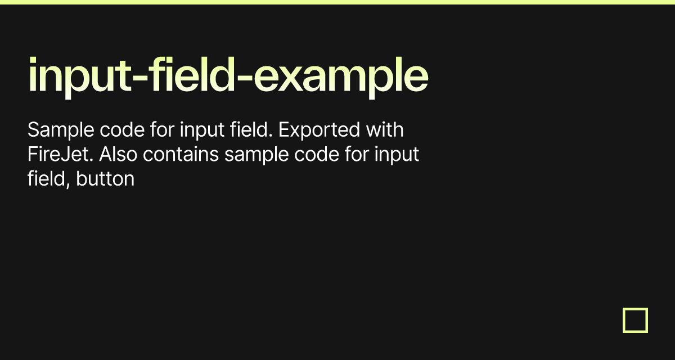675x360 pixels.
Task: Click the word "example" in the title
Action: [x=341, y=78]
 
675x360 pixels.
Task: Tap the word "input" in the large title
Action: [x=80, y=78]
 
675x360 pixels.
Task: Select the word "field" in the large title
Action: [x=191, y=74]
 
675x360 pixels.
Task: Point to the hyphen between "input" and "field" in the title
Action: [x=140, y=78]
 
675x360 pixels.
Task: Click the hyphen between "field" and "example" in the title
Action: [x=244, y=78]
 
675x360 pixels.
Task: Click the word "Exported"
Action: [x=319, y=130]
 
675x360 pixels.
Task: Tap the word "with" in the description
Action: [x=385, y=129]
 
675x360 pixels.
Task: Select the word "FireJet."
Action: [x=60, y=154]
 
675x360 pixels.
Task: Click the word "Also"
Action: [x=118, y=154]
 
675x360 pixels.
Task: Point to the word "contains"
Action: [x=181, y=154]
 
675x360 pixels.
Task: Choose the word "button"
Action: [x=105, y=179]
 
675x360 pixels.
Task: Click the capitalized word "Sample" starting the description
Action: [x=61, y=130]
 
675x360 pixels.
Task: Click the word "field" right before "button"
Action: [x=47, y=179]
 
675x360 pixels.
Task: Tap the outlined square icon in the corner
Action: [x=635, y=309]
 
